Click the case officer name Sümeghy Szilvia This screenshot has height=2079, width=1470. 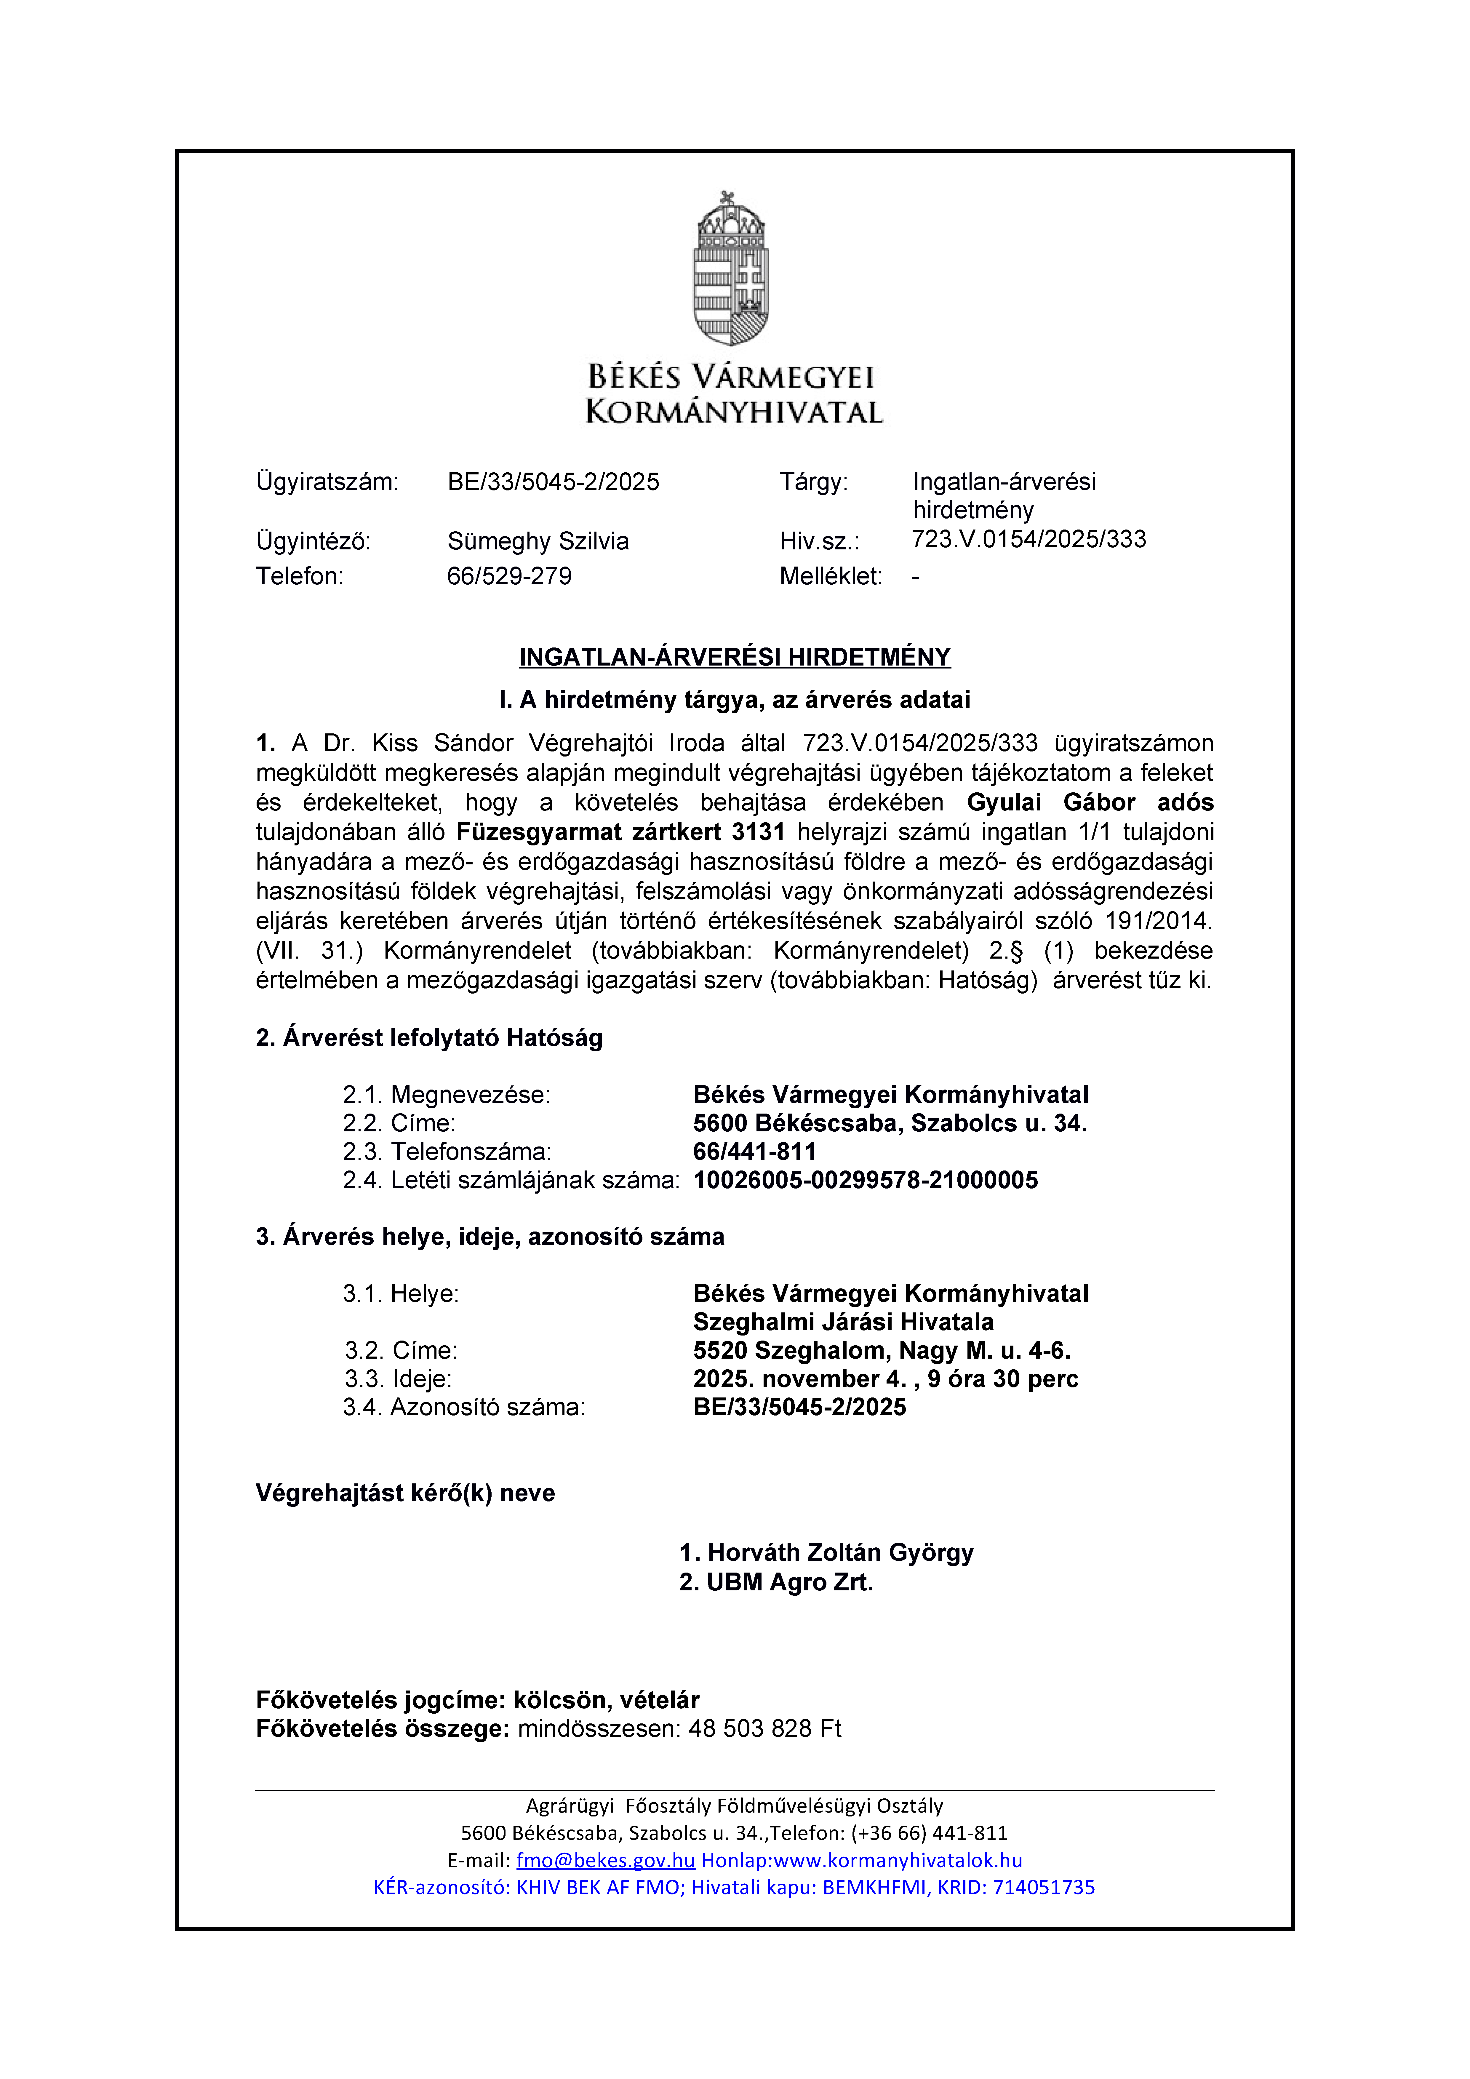click(x=538, y=541)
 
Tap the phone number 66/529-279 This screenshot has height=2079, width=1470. click(x=509, y=577)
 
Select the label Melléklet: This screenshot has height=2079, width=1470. click(x=831, y=577)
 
